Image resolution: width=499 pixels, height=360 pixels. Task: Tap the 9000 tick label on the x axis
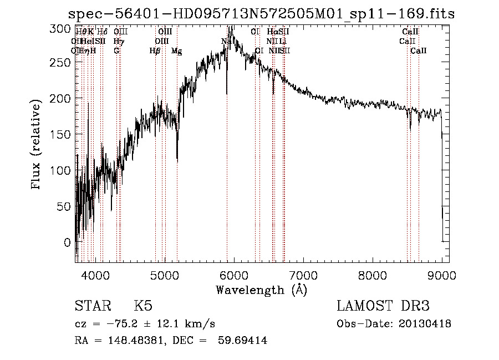tap(442, 275)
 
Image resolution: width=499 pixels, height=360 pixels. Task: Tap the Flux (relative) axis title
tap(37, 145)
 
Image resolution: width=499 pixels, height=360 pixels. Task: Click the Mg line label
tap(176, 51)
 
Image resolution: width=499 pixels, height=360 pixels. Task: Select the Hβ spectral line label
tap(155, 51)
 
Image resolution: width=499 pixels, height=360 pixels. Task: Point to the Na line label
tap(226, 41)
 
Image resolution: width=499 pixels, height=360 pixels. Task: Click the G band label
tap(116, 51)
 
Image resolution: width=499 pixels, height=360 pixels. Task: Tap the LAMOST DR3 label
tap(383, 306)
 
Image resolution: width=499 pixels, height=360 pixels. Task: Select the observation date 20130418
tap(424, 324)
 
